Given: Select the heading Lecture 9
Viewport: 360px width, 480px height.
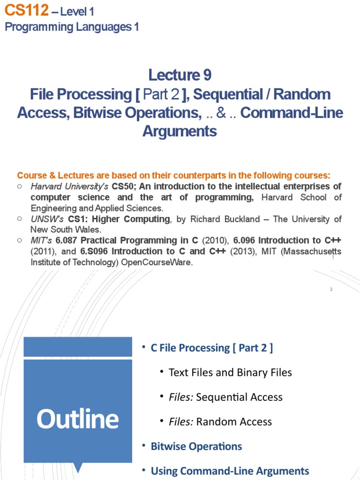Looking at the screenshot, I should [x=180, y=75].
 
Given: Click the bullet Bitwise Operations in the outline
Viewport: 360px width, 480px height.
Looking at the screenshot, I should [x=196, y=446].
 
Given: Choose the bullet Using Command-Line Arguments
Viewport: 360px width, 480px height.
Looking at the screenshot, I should [x=230, y=471].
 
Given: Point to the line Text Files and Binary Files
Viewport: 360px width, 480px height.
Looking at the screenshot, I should [x=230, y=373].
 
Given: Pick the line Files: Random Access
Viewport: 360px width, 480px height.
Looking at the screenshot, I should [x=220, y=421].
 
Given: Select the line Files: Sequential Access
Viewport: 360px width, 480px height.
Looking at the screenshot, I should [x=225, y=397].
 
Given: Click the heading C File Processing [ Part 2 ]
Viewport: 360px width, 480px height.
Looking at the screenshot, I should [x=211, y=348].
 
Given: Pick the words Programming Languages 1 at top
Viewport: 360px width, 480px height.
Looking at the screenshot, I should [x=72, y=27].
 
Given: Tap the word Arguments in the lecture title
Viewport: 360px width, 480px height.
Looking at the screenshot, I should [x=180, y=131].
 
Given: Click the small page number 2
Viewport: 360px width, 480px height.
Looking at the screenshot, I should [x=331, y=290].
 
